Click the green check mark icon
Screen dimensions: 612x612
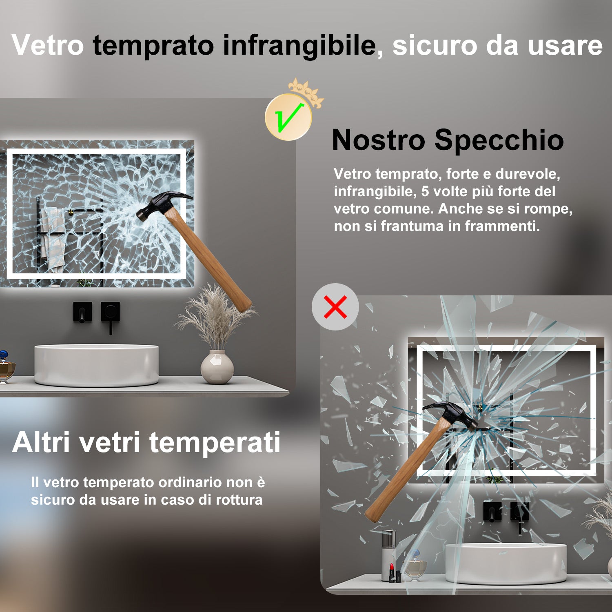(288, 118)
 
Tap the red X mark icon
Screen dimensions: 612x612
(335, 307)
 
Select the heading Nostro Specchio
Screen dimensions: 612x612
(448, 140)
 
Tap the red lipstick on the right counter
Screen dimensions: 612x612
(392, 571)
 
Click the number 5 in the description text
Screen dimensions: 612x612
(425, 191)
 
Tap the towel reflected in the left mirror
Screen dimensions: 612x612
(52, 239)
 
